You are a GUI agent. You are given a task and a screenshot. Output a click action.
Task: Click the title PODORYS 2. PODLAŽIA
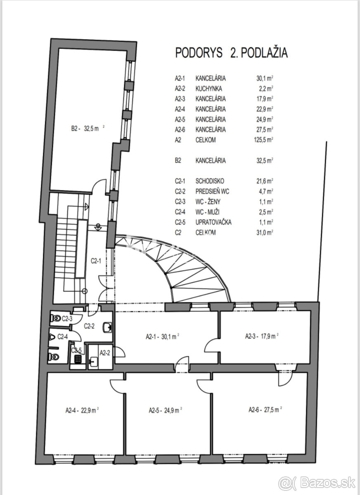(231, 53)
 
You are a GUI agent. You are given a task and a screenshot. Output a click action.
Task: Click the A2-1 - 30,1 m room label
(162, 337)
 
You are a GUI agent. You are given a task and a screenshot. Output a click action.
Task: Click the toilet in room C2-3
(56, 318)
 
